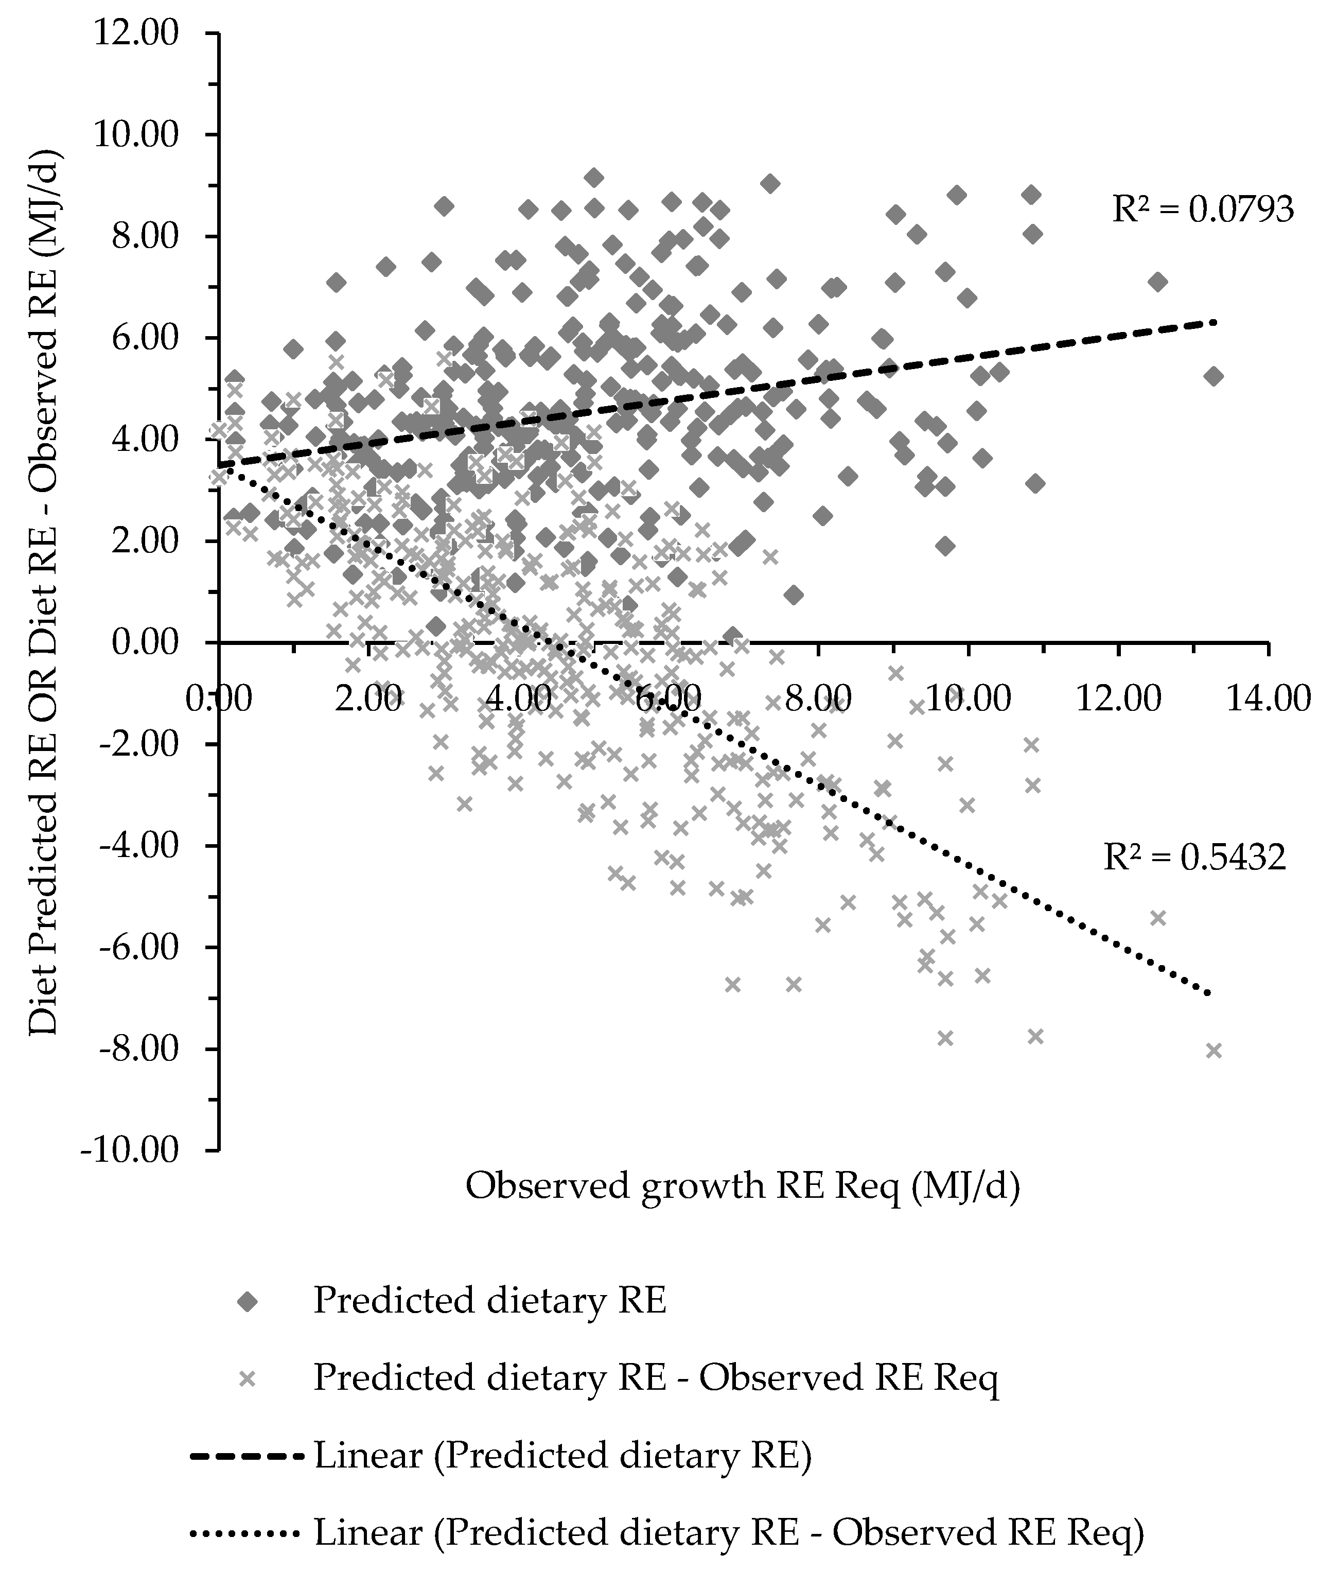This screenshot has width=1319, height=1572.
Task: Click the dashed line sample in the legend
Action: (x=248, y=1457)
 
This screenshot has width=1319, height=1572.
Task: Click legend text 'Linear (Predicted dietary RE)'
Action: (x=563, y=1457)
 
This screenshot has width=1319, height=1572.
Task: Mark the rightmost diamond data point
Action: (x=1214, y=377)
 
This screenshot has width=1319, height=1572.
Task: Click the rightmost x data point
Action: (x=1214, y=1050)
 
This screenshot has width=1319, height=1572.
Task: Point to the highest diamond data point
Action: (x=594, y=178)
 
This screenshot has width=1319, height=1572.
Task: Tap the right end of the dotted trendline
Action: (x=1208, y=994)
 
